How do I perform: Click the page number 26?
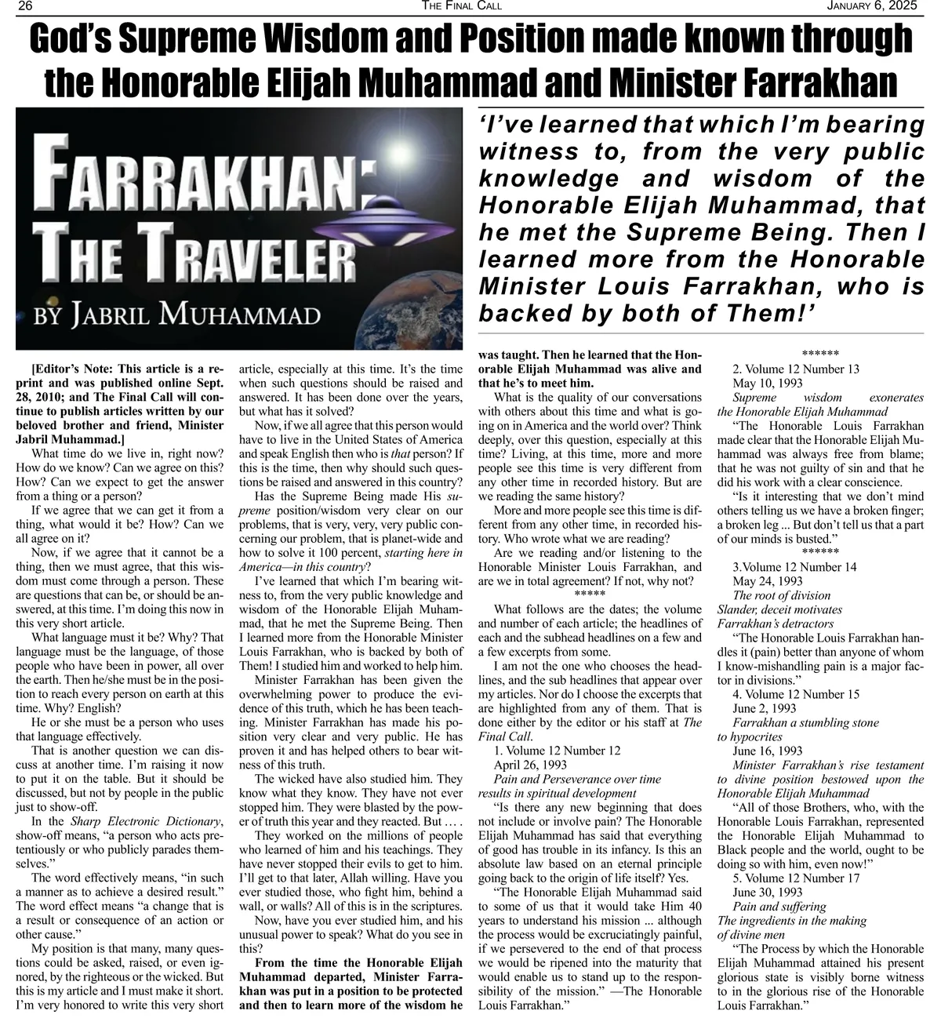[x=24, y=6]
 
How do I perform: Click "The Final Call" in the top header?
[x=461, y=6]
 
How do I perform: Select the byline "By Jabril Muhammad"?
[x=176, y=316]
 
